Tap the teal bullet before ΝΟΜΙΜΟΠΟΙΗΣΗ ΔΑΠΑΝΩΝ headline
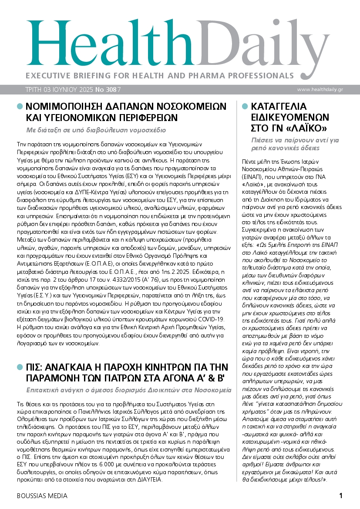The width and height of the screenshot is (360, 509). coord(19,106)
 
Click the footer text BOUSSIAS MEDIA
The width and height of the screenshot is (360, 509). coord(42,496)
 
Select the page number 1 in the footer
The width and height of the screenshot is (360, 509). coord(341,496)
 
